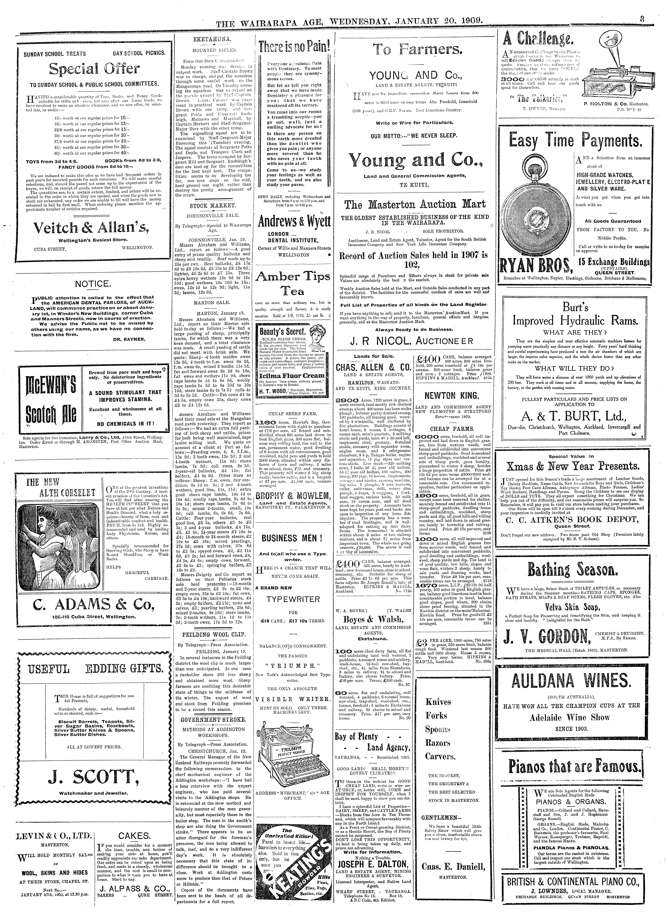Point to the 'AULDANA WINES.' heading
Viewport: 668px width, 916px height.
click(570, 681)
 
